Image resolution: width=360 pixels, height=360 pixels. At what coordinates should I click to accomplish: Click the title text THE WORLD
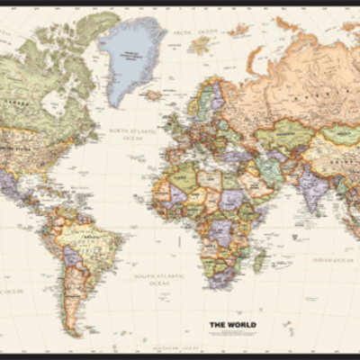[233, 325]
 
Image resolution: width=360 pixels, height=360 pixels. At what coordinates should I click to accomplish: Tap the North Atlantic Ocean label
[132, 135]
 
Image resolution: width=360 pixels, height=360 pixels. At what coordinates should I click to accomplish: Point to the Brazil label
[91, 244]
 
